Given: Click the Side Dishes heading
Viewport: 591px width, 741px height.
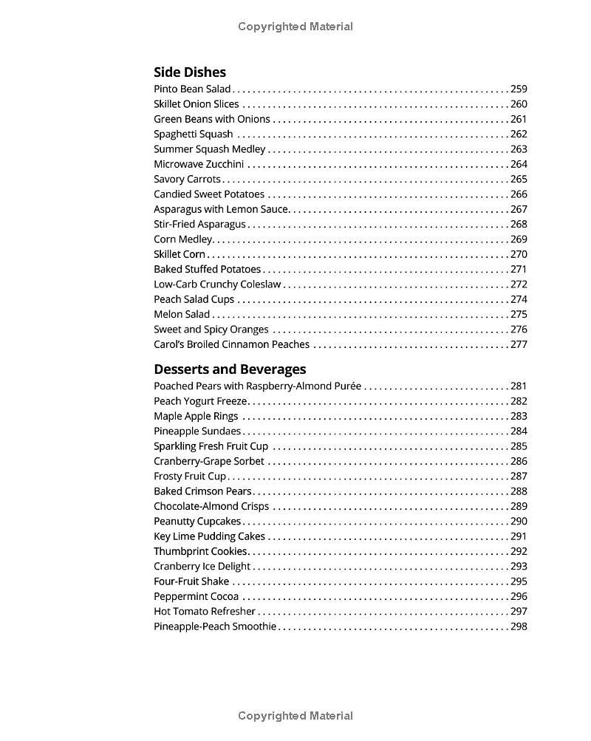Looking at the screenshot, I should coord(190,72).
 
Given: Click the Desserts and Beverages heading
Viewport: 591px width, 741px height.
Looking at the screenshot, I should coord(230,369).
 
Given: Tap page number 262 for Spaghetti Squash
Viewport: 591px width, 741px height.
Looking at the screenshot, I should coord(519,134).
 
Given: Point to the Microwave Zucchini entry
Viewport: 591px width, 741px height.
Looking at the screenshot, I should coord(199,165).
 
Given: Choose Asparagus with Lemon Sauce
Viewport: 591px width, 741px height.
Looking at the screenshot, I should coord(221,210).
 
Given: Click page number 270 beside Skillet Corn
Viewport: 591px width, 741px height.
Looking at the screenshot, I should coord(519,255).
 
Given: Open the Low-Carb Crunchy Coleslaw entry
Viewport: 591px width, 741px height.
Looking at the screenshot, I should coord(217,284).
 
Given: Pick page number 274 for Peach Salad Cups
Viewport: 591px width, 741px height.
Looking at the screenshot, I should coord(519,300).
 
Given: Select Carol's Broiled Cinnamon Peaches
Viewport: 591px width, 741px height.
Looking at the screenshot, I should coord(232,345).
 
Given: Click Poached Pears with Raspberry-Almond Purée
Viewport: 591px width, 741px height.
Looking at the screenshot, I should coord(258,386).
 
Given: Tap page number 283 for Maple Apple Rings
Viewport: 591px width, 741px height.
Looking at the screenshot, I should coord(519,417).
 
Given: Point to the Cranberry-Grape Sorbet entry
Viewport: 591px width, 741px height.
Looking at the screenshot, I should coord(209,462).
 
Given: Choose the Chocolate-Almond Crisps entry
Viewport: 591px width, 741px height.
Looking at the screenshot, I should coord(211,507).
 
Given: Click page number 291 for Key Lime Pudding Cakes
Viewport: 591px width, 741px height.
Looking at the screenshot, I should coord(519,537).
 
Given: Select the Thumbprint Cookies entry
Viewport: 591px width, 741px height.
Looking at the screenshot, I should coord(200,552).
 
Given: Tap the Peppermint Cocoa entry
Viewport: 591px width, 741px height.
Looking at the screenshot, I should coord(196,597).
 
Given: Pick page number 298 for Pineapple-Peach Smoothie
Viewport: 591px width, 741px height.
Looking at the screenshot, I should coord(519,627).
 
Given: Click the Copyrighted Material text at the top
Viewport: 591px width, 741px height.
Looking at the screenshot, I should coord(295,27).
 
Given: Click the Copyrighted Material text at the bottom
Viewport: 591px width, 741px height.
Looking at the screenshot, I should coord(295,716).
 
